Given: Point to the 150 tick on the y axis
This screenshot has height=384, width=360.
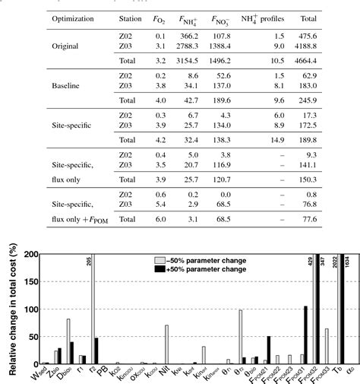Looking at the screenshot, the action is tap(23, 282).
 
